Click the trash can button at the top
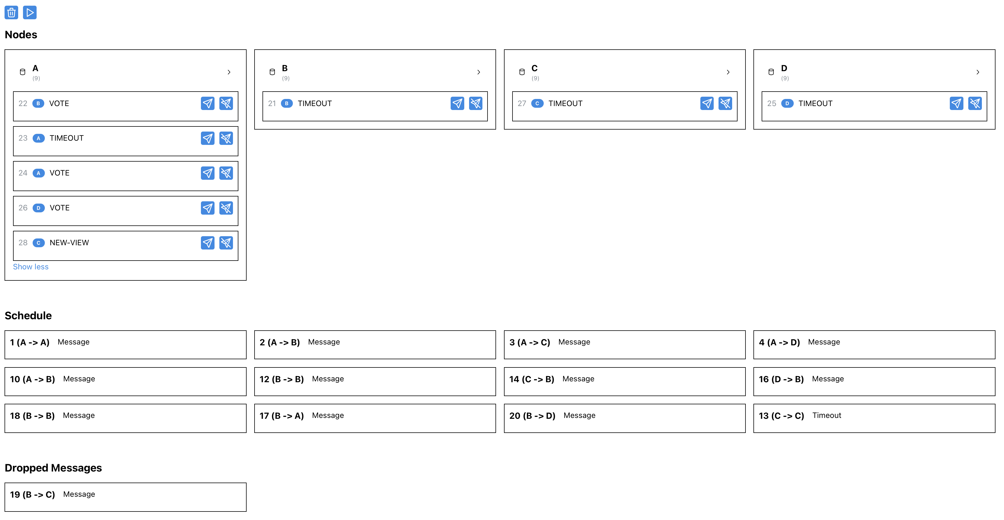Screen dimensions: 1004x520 [x=11, y=12]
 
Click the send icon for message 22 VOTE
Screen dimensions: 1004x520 [x=207, y=103]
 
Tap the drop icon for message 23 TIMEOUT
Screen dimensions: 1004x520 [x=226, y=138]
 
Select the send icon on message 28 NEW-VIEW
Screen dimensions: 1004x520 [x=207, y=243]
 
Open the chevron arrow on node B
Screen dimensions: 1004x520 [x=479, y=72]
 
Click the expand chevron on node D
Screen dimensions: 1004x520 [x=978, y=72]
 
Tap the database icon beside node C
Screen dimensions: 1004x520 [x=522, y=72]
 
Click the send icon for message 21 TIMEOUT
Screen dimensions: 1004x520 [x=457, y=103]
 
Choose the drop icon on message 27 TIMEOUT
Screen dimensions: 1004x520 [x=725, y=103]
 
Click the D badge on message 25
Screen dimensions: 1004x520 [x=787, y=103]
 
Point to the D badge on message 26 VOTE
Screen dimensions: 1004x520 [x=38, y=208]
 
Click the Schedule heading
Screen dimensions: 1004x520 [x=28, y=316]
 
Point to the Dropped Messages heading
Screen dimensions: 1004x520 [x=53, y=468]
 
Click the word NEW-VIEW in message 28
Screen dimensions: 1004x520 [x=69, y=243]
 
